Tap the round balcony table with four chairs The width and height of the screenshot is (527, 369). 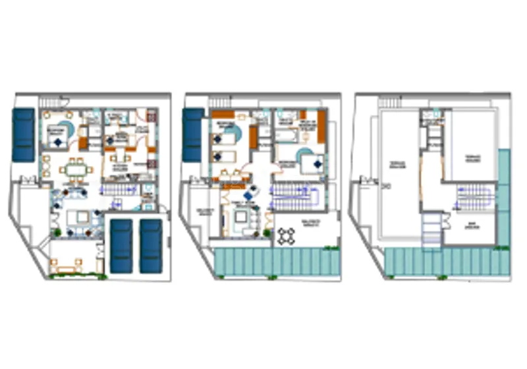point(289,235)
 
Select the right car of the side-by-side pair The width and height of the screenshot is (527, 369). point(151,245)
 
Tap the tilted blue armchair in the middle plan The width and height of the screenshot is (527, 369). point(251,196)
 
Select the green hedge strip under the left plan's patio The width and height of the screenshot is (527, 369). point(76,275)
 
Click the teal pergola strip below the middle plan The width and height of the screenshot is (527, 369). point(277,263)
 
